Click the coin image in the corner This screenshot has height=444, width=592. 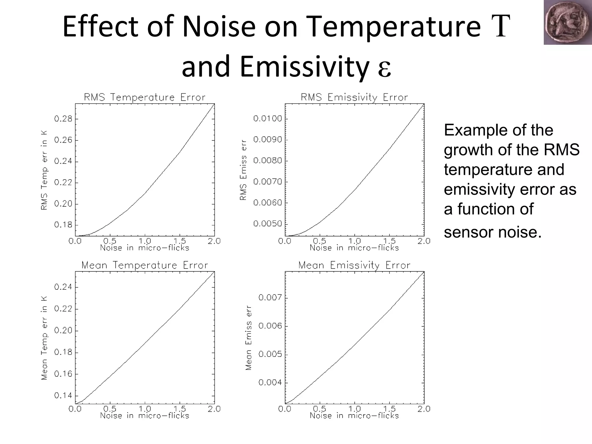pyautogui.click(x=567, y=22)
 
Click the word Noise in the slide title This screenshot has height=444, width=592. pyautogui.click(x=219, y=27)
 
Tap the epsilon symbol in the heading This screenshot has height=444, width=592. pyautogui.click(x=384, y=68)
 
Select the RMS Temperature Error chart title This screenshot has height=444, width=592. pyautogui.click(x=145, y=97)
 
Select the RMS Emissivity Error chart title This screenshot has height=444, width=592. pyautogui.click(x=354, y=97)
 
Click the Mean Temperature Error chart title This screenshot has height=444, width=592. pyautogui.click(x=145, y=265)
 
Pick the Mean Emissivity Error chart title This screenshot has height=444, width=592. pyautogui.click(x=354, y=265)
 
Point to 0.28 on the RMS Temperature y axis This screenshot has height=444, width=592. pyautogui.click(x=63, y=119)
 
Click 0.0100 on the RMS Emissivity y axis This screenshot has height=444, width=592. pyautogui.click(x=267, y=119)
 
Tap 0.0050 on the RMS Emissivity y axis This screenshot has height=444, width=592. pyautogui.click(x=267, y=223)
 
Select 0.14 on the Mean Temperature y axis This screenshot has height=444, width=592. pyautogui.click(x=63, y=395)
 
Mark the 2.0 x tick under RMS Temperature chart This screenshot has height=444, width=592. pyautogui.click(x=214, y=241)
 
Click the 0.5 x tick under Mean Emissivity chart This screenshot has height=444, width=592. pyautogui.click(x=320, y=409)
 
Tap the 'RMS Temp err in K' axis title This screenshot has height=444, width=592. pyautogui.click(x=44, y=170)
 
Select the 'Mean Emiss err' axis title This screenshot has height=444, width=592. pyautogui.click(x=248, y=338)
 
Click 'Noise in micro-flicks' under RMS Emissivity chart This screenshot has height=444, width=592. pyautogui.click(x=354, y=248)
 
